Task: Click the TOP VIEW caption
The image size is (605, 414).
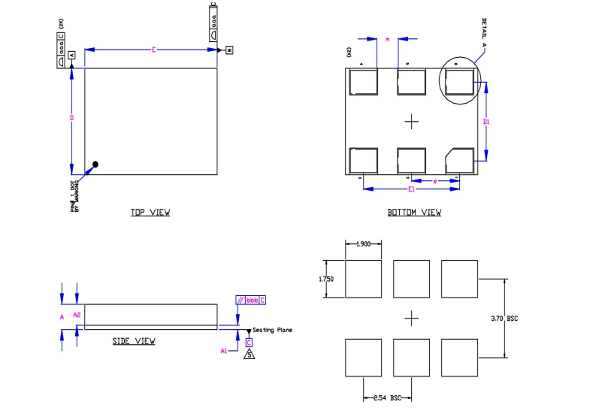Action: pyautogui.click(x=150, y=213)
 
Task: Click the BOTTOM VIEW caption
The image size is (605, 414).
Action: pyautogui.click(x=414, y=213)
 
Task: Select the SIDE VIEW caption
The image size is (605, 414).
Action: pyautogui.click(x=134, y=341)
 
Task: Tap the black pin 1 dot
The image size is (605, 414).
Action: pyautogui.click(x=95, y=165)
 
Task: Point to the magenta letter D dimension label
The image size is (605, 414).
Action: pyautogui.click(x=71, y=118)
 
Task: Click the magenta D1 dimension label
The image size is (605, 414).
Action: pyautogui.click(x=487, y=121)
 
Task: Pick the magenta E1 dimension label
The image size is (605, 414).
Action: pyautogui.click(x=412, y=189)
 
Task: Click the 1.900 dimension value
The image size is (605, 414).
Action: pyautogui.click(x=364, y=245)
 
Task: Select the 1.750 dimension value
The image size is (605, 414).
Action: pyautogui.click(x=325, y=279)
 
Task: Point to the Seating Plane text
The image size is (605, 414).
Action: pyautogui.click(x=272, y=330)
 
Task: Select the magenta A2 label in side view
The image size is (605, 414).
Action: pyautogui.click(x=77, y=315)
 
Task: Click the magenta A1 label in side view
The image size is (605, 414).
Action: pyautogui.click(x=224, y=351)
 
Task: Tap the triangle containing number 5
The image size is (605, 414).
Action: pyautogui.click(x=249, y=355)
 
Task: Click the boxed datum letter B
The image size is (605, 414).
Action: pyautogui.click(x=228, y=50)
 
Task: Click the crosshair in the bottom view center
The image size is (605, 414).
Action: pyautogui.click(x=411, y=120)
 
